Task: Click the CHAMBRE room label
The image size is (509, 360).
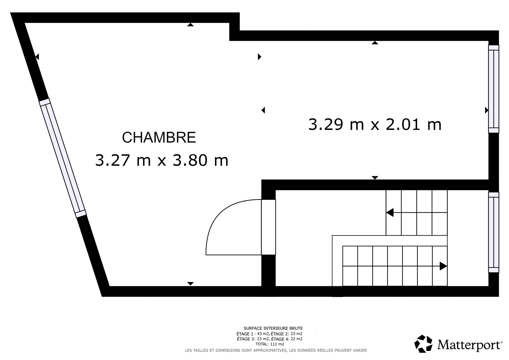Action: click(159, 137)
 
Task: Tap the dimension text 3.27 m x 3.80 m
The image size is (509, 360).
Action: click(161, 160)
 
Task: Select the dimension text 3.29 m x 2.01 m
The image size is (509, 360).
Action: click(375, 124)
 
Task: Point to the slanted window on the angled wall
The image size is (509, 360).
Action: click(63, 158)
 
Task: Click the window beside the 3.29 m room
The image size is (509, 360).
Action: click(494, 89)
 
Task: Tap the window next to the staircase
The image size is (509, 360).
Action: click(494, 232)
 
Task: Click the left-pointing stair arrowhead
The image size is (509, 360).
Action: click(390, 213)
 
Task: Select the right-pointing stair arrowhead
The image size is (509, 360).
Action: click(443, 266)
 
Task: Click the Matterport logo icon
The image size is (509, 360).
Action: click(423, 343)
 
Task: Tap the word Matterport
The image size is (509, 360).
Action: click(470, 345)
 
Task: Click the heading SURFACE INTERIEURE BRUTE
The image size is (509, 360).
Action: click(273, 328)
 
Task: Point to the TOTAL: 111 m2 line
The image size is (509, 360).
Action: click(270, 344)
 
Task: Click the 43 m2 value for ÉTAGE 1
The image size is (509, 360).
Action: click(263, 334)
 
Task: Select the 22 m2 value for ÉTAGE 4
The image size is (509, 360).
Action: click(297, 339)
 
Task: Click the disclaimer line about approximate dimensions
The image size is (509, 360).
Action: click(276, 350)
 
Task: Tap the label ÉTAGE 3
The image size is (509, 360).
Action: click(245, 339)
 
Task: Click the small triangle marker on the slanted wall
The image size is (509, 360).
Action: click(37, 57)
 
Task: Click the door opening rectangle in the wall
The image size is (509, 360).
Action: click(268, 227)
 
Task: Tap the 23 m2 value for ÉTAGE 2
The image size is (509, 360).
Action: click(297, 334)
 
